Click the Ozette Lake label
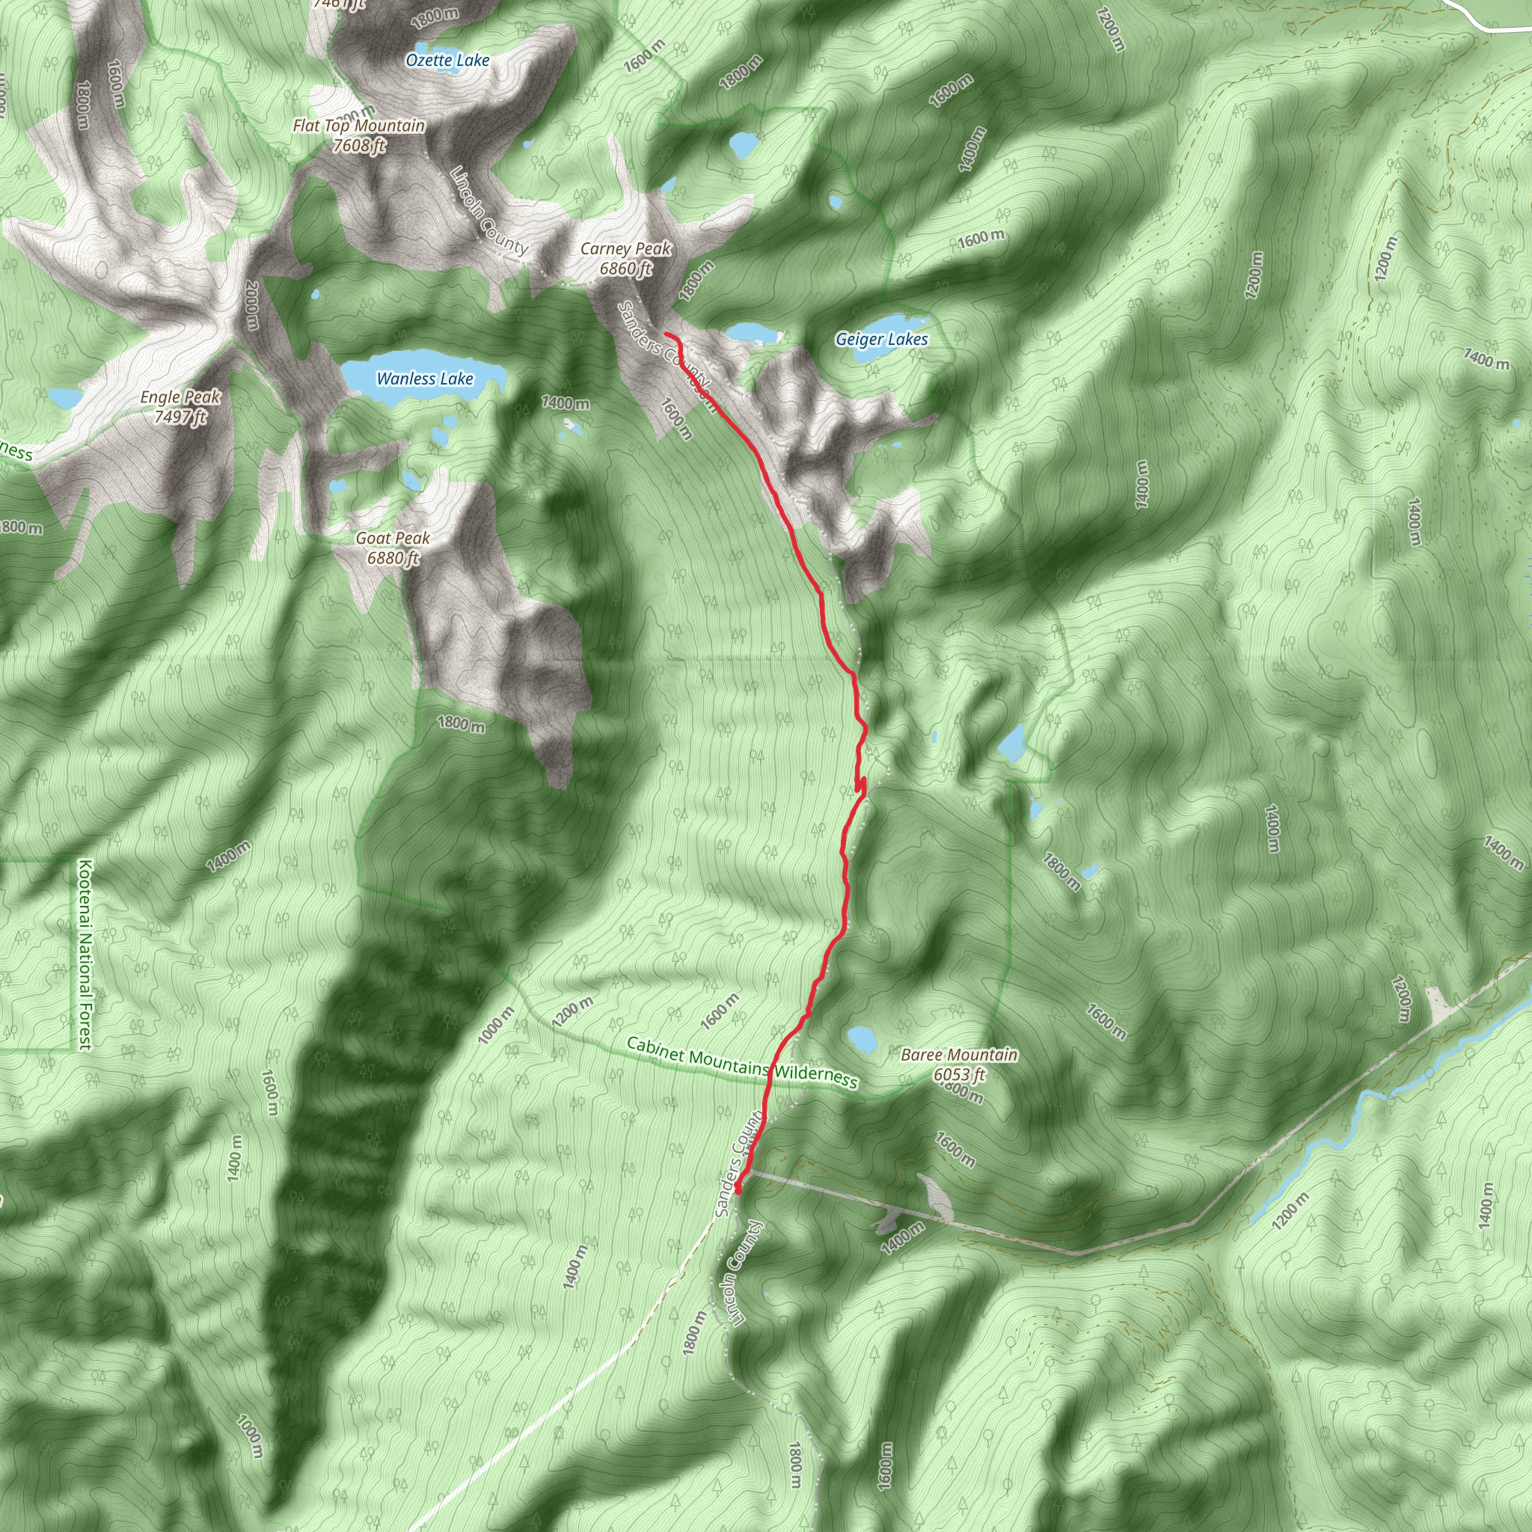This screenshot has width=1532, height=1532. pos(447,61)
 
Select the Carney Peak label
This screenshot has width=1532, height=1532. pos(625,248)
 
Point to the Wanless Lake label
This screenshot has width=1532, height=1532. pos(424,379)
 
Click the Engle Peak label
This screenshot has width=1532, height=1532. pos(180,396)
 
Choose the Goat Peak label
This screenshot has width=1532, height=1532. pos(393,539)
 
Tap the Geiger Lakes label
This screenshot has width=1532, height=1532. pos(881,340)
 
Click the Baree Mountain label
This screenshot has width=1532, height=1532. pos(959,1055)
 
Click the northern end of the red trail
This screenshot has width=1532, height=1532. pos(664,334)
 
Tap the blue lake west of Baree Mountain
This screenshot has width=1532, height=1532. pos(860,1038)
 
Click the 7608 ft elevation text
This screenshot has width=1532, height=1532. pos(358,146)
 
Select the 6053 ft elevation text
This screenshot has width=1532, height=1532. pos(959,1074)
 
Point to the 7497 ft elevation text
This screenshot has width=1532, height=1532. pos(180,417)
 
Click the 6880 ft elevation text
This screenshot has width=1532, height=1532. pos(393,558)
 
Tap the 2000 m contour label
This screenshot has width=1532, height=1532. pos(252,304)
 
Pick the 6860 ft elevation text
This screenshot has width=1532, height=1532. pos(625,269)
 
